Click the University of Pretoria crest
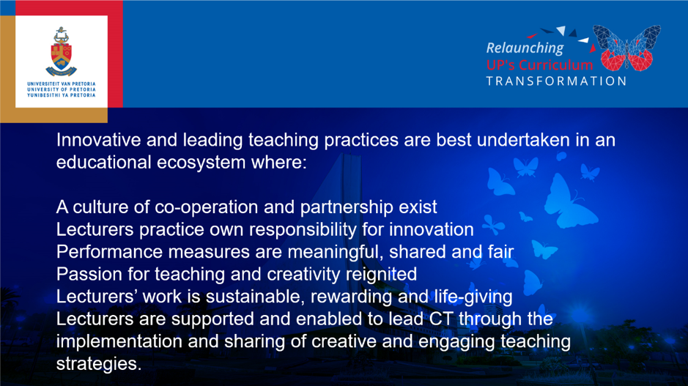point(61,52)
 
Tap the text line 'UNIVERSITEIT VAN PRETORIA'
point(62,83)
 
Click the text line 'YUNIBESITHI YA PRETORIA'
point(62,94)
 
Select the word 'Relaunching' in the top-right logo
point(525,48)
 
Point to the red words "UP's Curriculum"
point(540,65)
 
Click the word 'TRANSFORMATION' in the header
point(556,81)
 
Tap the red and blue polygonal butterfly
point(626,48)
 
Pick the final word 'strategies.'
point(99,364)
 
